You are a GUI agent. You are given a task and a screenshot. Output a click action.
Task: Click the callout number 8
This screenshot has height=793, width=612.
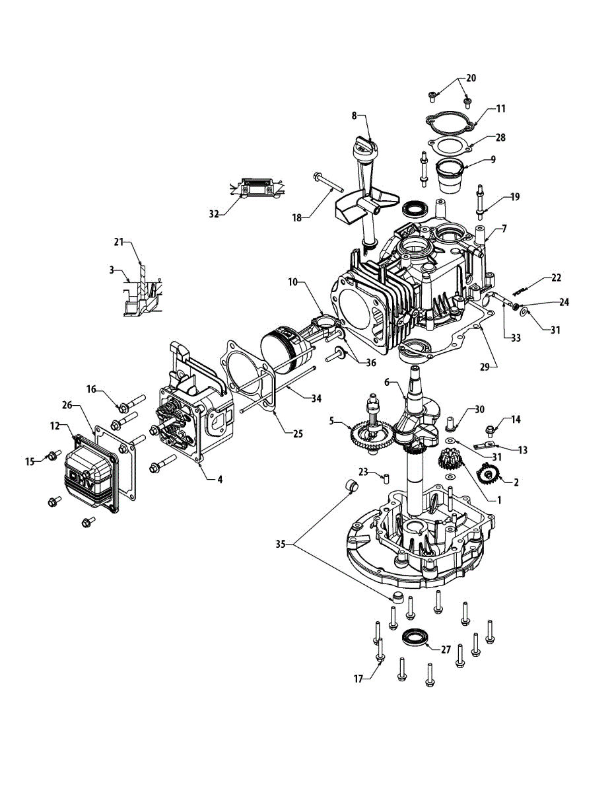(x=354, y=115)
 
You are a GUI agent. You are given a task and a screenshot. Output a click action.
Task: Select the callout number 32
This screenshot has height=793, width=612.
(x=213, y=213)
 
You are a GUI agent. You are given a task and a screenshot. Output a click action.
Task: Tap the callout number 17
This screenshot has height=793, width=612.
(x=358, y=678)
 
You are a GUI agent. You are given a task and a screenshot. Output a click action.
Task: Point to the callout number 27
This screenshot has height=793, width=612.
(x=446, y=650)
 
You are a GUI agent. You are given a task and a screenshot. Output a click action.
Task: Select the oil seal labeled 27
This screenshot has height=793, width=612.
(x=414, y=638)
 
